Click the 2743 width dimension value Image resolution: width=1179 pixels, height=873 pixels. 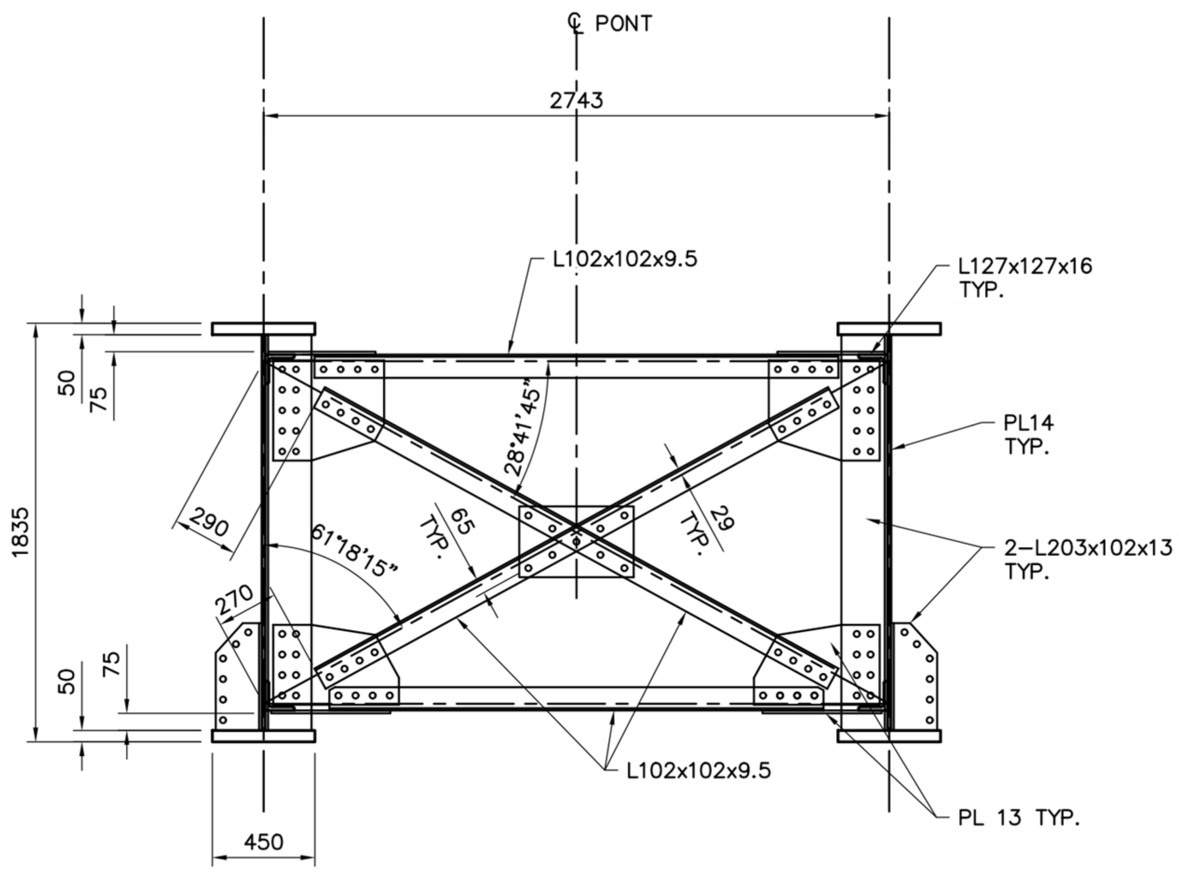pyautogui.click(x=576, y=101)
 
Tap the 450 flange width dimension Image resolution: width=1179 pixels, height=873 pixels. pyautogui.click(x=263, y=841)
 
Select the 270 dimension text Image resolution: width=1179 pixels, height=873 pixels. pyautogui.click(x=234, y=600)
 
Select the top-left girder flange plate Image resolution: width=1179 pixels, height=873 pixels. pyautogui.click(x=263, y=329)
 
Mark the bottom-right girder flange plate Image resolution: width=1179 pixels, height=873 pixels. pyautogui.click(x=889, y=736)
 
